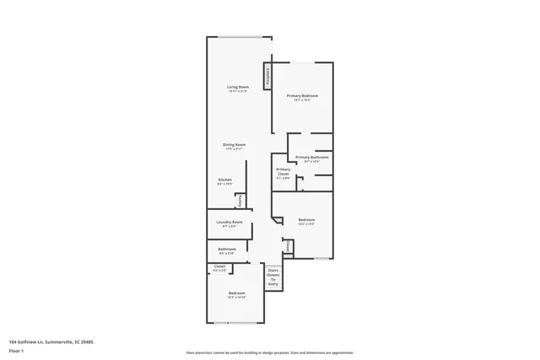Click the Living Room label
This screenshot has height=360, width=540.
pos(237,87)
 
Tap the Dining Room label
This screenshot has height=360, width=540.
pos(234,144)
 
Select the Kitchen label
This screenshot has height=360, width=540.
pos(224,180)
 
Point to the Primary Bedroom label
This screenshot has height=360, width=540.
pos(301,95)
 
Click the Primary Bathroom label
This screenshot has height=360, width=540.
pos(311,157)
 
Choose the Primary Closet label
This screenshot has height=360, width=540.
pos(283,171)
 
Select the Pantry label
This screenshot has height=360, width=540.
pos(240,200)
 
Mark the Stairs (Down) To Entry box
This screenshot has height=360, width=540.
pos(273,277)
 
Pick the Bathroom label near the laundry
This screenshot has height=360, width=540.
pos(226,249)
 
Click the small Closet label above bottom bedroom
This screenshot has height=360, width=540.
pos(219,266)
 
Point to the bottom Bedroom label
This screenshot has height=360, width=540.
pos(236,293)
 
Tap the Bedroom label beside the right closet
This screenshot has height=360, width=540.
pos(306,219)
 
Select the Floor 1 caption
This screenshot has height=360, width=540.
pos(16,352)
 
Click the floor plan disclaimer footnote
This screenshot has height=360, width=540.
pos(269,352)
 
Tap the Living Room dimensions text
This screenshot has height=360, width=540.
pos(237,92)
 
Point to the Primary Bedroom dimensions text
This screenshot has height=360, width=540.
pos(301,100)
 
